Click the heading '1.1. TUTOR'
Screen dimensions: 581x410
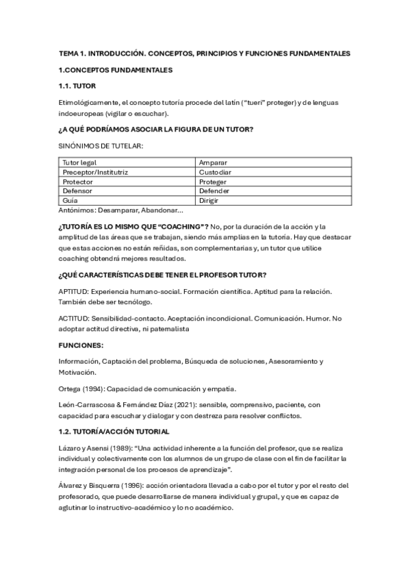click(77, 86)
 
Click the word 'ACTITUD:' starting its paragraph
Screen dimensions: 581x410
click(75, 319)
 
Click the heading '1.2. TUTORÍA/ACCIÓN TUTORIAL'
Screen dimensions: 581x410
click(119, 432)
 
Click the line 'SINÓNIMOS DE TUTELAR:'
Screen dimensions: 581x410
click(101, 145)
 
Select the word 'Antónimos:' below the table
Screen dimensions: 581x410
click(77, 211)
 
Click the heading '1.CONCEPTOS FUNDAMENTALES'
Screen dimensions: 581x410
click(116, 70)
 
